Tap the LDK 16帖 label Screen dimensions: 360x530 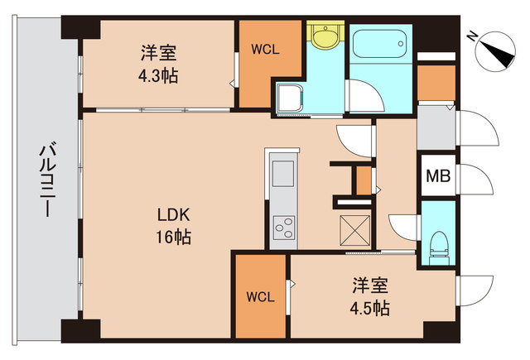click(x=175, y=225)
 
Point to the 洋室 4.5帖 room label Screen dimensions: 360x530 click(x=370, y=297)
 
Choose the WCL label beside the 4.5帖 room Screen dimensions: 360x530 click(x=260, y=295)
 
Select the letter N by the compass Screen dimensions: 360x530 click(x=471, y=36)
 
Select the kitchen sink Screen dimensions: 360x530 click(x=283, y=175)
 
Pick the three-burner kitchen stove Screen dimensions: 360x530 click(x=283, y=226)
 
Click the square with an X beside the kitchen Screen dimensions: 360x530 click(x=354, y=226)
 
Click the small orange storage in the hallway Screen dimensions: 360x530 click(x=363, y=180)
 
